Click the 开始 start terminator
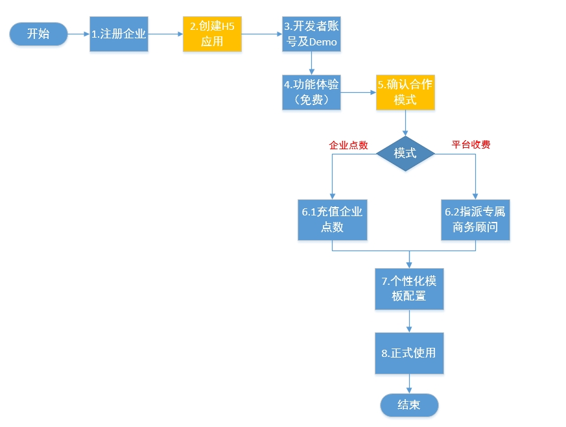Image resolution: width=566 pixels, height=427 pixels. point(38,34)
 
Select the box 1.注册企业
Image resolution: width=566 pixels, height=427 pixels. point(119,34)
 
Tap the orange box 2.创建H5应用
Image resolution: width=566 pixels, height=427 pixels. point(212,34)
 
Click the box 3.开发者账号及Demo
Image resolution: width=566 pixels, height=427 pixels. point(311,34)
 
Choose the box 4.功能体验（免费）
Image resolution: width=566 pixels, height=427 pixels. point(311,92)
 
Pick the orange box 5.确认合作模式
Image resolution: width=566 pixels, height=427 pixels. point(405,92)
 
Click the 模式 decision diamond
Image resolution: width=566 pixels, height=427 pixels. point(405,154)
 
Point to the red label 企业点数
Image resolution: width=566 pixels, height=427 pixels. point(349,145)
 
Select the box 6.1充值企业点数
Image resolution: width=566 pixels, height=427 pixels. point(332,219)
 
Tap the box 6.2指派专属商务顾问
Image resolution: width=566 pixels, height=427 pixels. point(475,219)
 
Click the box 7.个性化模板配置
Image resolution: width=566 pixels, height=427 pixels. point(409,288)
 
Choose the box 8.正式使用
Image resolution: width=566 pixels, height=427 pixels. point(409,353)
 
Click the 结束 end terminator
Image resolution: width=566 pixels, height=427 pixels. point(409,405)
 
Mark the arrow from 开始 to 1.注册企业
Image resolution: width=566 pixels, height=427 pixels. point(78,34)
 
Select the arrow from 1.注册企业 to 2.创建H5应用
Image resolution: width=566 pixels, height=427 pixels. point(165,34)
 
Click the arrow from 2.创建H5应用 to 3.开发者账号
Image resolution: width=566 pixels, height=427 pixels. point(262,34)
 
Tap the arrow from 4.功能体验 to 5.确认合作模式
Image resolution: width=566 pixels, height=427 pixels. point(358,92)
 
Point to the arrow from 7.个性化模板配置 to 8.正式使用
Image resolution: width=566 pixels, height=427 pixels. point(409,321)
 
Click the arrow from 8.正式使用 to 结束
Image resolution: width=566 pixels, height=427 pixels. point(409,384)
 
